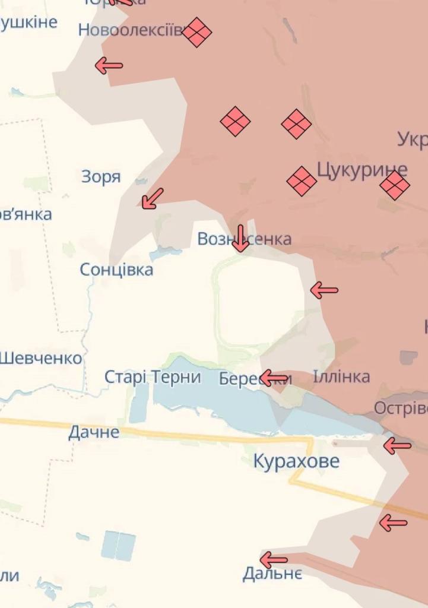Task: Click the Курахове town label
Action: tap(296, 461)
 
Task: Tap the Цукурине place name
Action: tap(362, 170)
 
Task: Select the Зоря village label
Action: tap(101, 176)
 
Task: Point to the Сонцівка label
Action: tap(116, 270)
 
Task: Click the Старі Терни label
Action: tap(153, 377)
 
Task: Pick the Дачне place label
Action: tap(94, 432)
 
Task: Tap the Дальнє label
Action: tap(272, 574)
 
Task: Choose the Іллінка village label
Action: tap(341, 376)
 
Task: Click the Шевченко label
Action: tap(40, 358)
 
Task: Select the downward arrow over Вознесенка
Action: tap(240, 239)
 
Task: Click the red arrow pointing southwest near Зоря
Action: tap(152, 198)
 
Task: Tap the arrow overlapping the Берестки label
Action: tap(274, 378)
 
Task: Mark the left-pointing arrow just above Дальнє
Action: tap(274, 559)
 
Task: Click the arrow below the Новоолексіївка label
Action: tap(109, 65)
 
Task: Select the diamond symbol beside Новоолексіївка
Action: tap(197, 32)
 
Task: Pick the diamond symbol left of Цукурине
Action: tap(302, 181)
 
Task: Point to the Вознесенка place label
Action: tap(244, 239)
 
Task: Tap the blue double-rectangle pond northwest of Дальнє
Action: tap(118, 545)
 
